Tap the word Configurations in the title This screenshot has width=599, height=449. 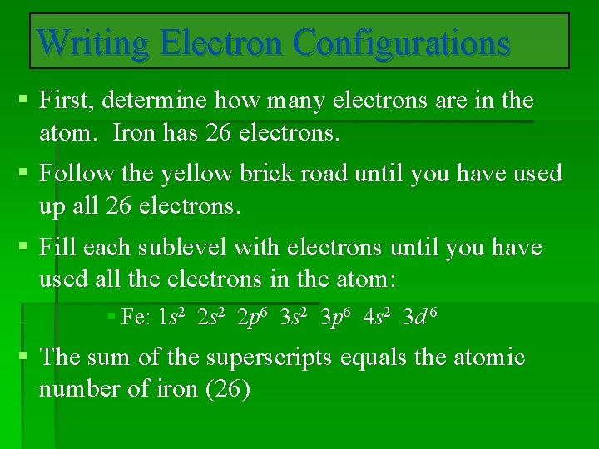[x=401, y=42]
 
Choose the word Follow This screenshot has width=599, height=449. [x=77, y=174]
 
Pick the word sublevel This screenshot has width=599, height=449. [x=182, y=247]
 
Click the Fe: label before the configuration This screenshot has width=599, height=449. [x=136, y=317]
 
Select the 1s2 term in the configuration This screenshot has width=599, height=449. [x=174, y=316]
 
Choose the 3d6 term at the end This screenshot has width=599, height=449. [x=420, y=316]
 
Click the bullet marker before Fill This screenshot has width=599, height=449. [x=24, y=248]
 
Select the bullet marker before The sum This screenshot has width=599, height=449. [x=24, y=358]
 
